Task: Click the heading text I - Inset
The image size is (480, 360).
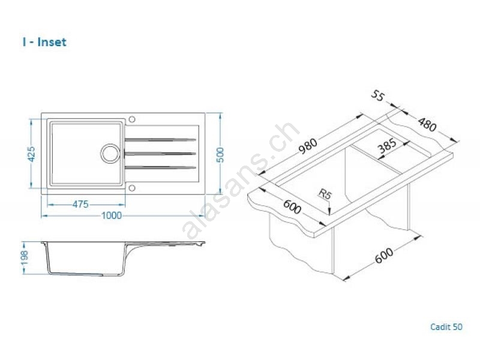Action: pos(44,42)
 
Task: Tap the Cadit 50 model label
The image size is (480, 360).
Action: pos(446,327)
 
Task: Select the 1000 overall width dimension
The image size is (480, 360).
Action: pos(112,215)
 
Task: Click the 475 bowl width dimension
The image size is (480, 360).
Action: pos(80,204)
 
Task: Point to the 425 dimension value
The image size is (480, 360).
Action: pos(31,154)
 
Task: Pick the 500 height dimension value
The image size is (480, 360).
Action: pos(220,155)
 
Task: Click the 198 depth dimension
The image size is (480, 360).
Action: pos(25,258)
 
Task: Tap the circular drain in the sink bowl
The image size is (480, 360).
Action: pos(110,153)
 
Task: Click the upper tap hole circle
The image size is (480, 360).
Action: pos(132,119)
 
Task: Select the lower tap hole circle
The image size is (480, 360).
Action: pos(132,188)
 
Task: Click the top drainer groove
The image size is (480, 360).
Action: pos(160,140)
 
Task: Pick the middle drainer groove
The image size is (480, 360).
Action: pos(160,154)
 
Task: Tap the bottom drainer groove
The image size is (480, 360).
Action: pos(160,167)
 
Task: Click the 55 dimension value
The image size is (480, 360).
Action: pos(377,96)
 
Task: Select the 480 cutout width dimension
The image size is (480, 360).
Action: pos(427,125)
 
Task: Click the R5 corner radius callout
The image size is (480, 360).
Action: pos(325,194)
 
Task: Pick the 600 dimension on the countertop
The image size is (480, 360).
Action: pos(292,207)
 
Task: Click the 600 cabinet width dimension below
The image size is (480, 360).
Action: pos(384,256)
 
